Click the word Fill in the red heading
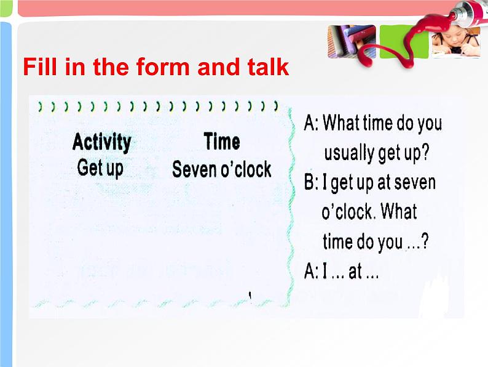point(40,67)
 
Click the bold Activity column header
point(102,142)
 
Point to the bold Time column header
point(222,141)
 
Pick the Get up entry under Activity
point(100,169)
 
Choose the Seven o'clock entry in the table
point(222,169)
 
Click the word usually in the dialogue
point(349,153)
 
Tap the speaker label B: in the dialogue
point(311,182)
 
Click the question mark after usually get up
point(425,153)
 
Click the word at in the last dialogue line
point(355,272)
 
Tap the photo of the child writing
point(455,42)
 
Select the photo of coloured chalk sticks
point(352,42)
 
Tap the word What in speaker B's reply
point(399,211)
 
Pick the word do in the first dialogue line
point(399,123)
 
